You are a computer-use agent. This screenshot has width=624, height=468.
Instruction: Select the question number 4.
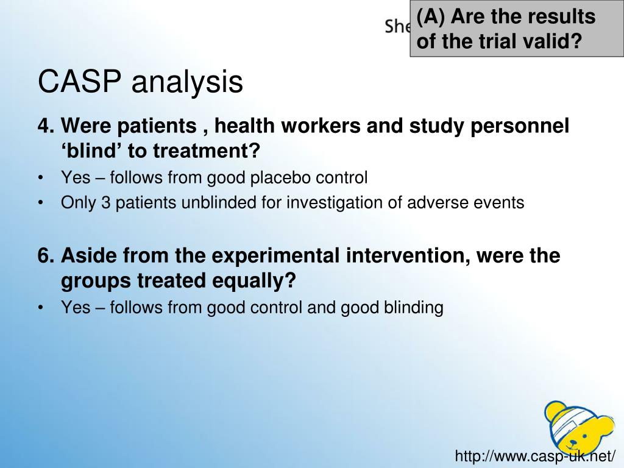[x=44, y=126]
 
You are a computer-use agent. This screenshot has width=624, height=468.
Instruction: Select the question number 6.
[x=44, y=255]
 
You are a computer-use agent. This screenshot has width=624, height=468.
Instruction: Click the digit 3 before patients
[x=105, y=203]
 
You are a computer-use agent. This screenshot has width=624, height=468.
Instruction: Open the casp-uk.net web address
[x=536, y=455]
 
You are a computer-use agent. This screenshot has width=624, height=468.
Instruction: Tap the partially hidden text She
[x=397, y=26]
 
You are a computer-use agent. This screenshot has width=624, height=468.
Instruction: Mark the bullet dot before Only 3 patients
[x=41, y=203]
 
